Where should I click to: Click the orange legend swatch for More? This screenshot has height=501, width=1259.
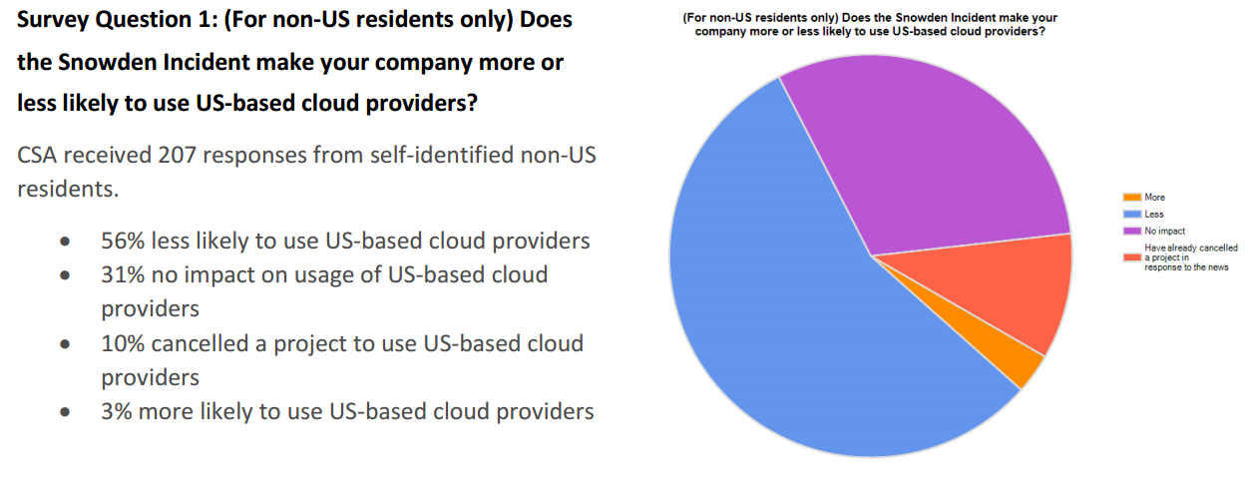[1132, 198]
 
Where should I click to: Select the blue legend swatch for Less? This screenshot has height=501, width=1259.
[1132, 215]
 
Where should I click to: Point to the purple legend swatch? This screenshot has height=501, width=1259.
[1132, 232]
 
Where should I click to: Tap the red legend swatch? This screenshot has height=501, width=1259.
[1132, 257]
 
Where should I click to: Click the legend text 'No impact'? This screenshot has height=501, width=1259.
[1164, 232]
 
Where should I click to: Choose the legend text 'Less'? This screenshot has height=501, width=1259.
[1154, 215]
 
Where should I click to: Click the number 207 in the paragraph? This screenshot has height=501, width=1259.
[177, 156]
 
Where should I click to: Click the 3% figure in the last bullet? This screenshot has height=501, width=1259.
[117, 411]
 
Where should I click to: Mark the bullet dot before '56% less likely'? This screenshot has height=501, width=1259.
[65, 242]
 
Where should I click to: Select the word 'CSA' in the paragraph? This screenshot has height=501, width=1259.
[37, 156]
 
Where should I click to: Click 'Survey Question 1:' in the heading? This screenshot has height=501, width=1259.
[118, 20]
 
